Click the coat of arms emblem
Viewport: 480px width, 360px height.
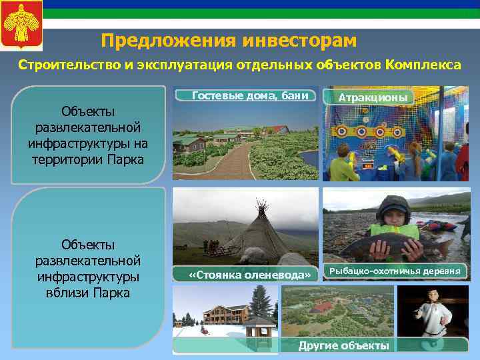(x=21, y=25)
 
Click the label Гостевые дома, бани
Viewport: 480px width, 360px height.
(x=249, y=96)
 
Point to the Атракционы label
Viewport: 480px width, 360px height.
(x=373, y=97)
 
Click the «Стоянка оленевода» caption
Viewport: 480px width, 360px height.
(x=250, y=275)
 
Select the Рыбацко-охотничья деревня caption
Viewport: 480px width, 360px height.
(x=397, y=271)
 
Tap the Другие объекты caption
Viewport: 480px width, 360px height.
(x=343, y=345)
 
